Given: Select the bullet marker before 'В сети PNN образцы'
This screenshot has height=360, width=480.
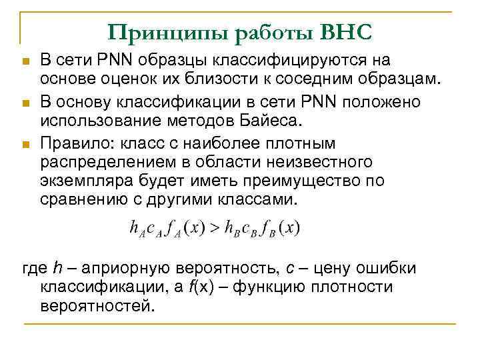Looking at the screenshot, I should coord(25,62).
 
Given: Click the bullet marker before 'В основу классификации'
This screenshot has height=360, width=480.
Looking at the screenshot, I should coord(25,103).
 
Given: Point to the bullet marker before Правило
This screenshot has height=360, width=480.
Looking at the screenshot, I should coord(25,145).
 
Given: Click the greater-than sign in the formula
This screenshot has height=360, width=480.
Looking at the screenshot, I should coord(215,227).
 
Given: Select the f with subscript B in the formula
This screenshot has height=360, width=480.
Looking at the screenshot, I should coord(268,228).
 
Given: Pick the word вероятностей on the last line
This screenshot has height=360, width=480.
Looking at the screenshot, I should coord(96,308).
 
